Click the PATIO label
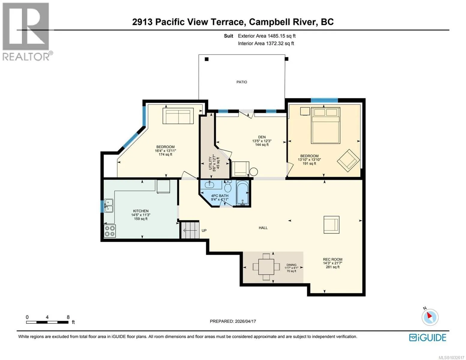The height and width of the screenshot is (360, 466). [241, 82]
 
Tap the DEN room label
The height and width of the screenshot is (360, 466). [262, 137]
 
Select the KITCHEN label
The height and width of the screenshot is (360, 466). [141, 211]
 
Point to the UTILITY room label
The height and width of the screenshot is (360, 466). [210, 163]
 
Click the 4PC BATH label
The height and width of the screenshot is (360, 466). [219, 196]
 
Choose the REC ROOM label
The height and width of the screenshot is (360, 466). [333, 259]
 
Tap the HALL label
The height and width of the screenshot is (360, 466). [263, 228]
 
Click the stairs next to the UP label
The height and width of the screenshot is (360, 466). [190, 230]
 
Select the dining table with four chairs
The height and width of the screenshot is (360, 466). [266, 267]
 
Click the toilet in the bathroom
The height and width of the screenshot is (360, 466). [228, 186]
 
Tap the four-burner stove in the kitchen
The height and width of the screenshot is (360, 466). [110, 231]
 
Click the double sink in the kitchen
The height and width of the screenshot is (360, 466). [108, 205]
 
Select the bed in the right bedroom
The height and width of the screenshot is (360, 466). [325, 125]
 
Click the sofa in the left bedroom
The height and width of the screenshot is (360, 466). [178, 116]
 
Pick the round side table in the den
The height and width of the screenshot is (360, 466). [253, 172]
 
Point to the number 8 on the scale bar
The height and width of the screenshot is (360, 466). [68, 317]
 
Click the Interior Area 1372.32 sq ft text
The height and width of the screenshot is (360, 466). [266, 43]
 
